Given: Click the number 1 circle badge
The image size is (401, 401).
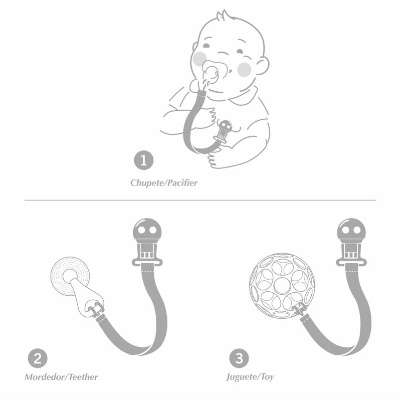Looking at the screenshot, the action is tap(144, 160).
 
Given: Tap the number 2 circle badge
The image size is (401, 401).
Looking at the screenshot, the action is tap(38, 358).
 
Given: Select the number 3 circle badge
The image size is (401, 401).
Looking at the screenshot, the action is tap(239, 358).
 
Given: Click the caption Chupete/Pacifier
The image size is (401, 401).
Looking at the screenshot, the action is tap(164, 183).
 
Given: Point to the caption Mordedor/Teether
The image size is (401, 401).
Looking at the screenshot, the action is tap(61, 377).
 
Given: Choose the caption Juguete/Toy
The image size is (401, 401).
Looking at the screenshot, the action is tap(250, 377).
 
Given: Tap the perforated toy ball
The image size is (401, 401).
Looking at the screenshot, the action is tap(282, 285).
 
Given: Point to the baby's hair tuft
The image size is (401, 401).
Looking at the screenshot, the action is tap(222, 16).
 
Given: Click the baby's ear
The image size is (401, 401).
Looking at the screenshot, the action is tap(262, 66).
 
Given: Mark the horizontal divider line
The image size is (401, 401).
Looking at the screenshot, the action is tap(200, 200).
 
